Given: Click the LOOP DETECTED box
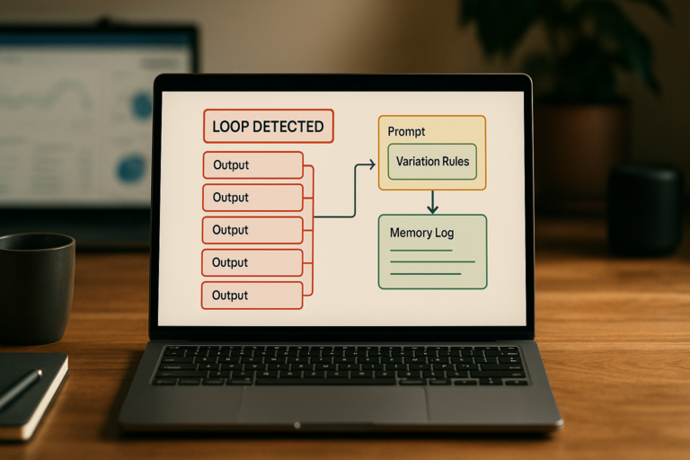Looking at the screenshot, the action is pyautogui.click(x=269, y=127).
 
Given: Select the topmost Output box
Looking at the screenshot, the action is pyautogui.click(x=253, y=165).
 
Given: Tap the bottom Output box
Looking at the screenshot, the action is pyautogui.click(x=252, y=296).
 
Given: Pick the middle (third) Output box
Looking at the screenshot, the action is pyautogui.click(x=252, y=230).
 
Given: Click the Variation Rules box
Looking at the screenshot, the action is pyautogui.click(x=432, y=162).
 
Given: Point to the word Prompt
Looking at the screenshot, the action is pyautogui.click(x=406, y=131).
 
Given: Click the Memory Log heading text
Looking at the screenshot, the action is pyautogui.click(x=421, y=233).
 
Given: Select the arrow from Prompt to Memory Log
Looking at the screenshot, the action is pyautogui.click(x=432, y=202).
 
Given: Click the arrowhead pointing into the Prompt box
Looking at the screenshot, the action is pyautogui.click(x=372, y=164).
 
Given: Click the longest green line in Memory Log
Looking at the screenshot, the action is pyautogui.click(x=432, y=262).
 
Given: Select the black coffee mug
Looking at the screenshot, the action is pyautogui.click(x=36, y=287).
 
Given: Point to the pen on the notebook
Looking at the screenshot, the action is pyautogui.click(x=21, y=389).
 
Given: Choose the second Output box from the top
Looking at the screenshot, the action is pyautogui.click(x=252, y=198).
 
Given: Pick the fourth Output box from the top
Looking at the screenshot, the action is pyautogui.click(x=252, y=263).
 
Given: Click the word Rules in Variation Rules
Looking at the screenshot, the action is pyautogui.click(x=455, y=162).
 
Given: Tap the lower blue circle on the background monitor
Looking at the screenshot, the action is pyautogui.click(x=130, y=169).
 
